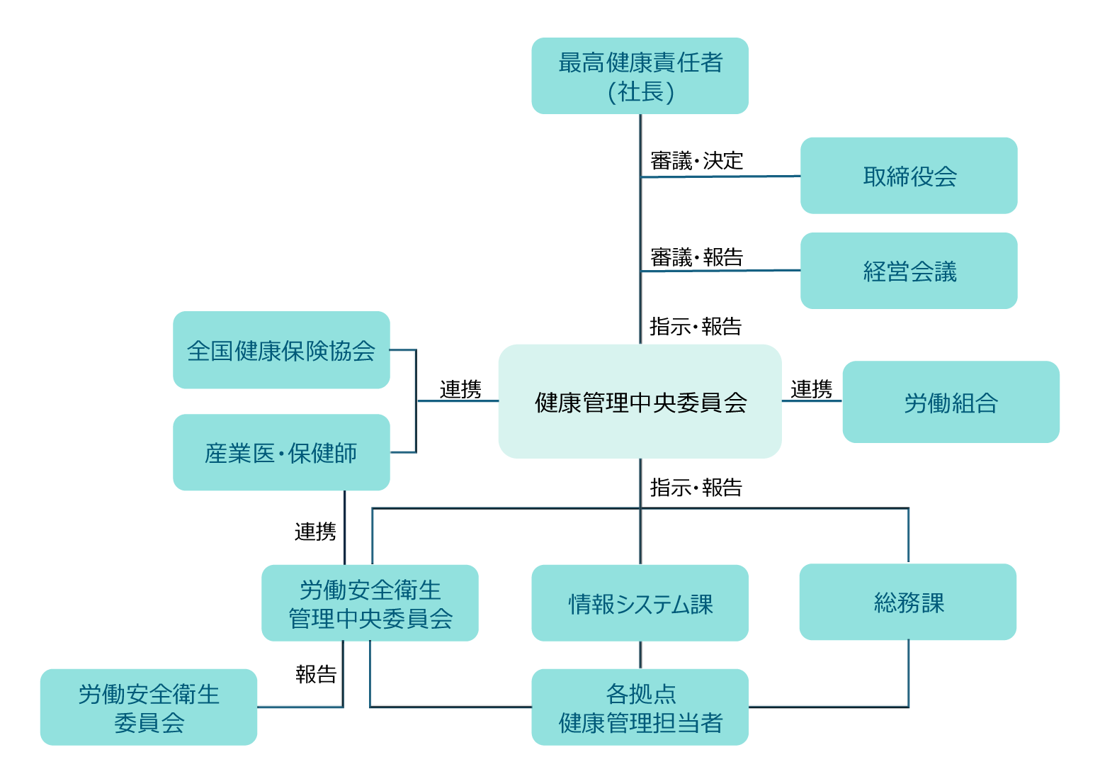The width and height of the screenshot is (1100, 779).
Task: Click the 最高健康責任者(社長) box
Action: pyautogui.click(x=640, y=76)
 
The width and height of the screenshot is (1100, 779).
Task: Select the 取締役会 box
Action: pyautogui.click(x=909, y=176)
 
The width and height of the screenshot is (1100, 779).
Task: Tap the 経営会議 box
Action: pyautogui.click(x=909, y=271)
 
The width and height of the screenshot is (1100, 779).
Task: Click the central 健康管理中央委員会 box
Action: pyautogui.click(x=640, y=402)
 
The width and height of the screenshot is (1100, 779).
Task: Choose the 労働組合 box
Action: pyautogui.click(x=951, y=402)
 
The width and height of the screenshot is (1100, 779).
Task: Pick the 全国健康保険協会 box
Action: pyautogui.click(x=281, y=350)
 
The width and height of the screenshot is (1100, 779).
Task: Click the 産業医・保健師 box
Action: pyautogui.click(x=281, y=452)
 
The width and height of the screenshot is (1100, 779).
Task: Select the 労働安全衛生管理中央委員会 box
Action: pyautogui.click(x=370, y=603)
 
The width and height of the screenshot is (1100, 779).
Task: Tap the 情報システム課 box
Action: pyautogui.click(x=640, y=603)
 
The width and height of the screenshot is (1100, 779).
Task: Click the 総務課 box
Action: pyautogui.click(x=908, y=602)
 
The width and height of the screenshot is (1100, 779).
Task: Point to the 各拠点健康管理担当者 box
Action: pyautogui.click(x=640, y=707)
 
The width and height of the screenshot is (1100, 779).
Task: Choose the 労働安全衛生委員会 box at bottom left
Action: pyautogui.click(x=149, y=707)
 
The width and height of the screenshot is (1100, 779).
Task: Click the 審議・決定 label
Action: pyautogui.click(x=696, y=161)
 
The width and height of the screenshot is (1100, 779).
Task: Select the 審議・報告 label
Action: pyautogui.click(x=696, y=257)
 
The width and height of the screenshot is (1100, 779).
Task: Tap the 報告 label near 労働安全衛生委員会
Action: pyautogui.click(x=316, y=673)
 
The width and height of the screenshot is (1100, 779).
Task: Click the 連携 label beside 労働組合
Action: pyautogui.click(x=812, y=389)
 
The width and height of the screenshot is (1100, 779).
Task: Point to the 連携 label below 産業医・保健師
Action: pyautogui.click(x=315, y=531)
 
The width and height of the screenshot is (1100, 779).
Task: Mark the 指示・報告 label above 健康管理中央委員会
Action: pyautogui.click(x=696, y=326)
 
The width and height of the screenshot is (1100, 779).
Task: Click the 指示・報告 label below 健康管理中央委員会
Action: pyautogui.click(x=696, y=487)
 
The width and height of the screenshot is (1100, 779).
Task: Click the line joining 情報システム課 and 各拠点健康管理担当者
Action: pyautogui.click(x=640, y=655)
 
